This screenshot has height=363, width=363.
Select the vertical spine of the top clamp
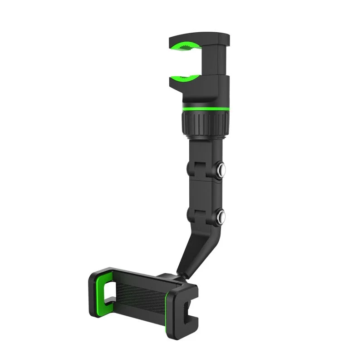[x=221, y=59]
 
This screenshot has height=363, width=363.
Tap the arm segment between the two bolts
[x=203, y=191]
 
